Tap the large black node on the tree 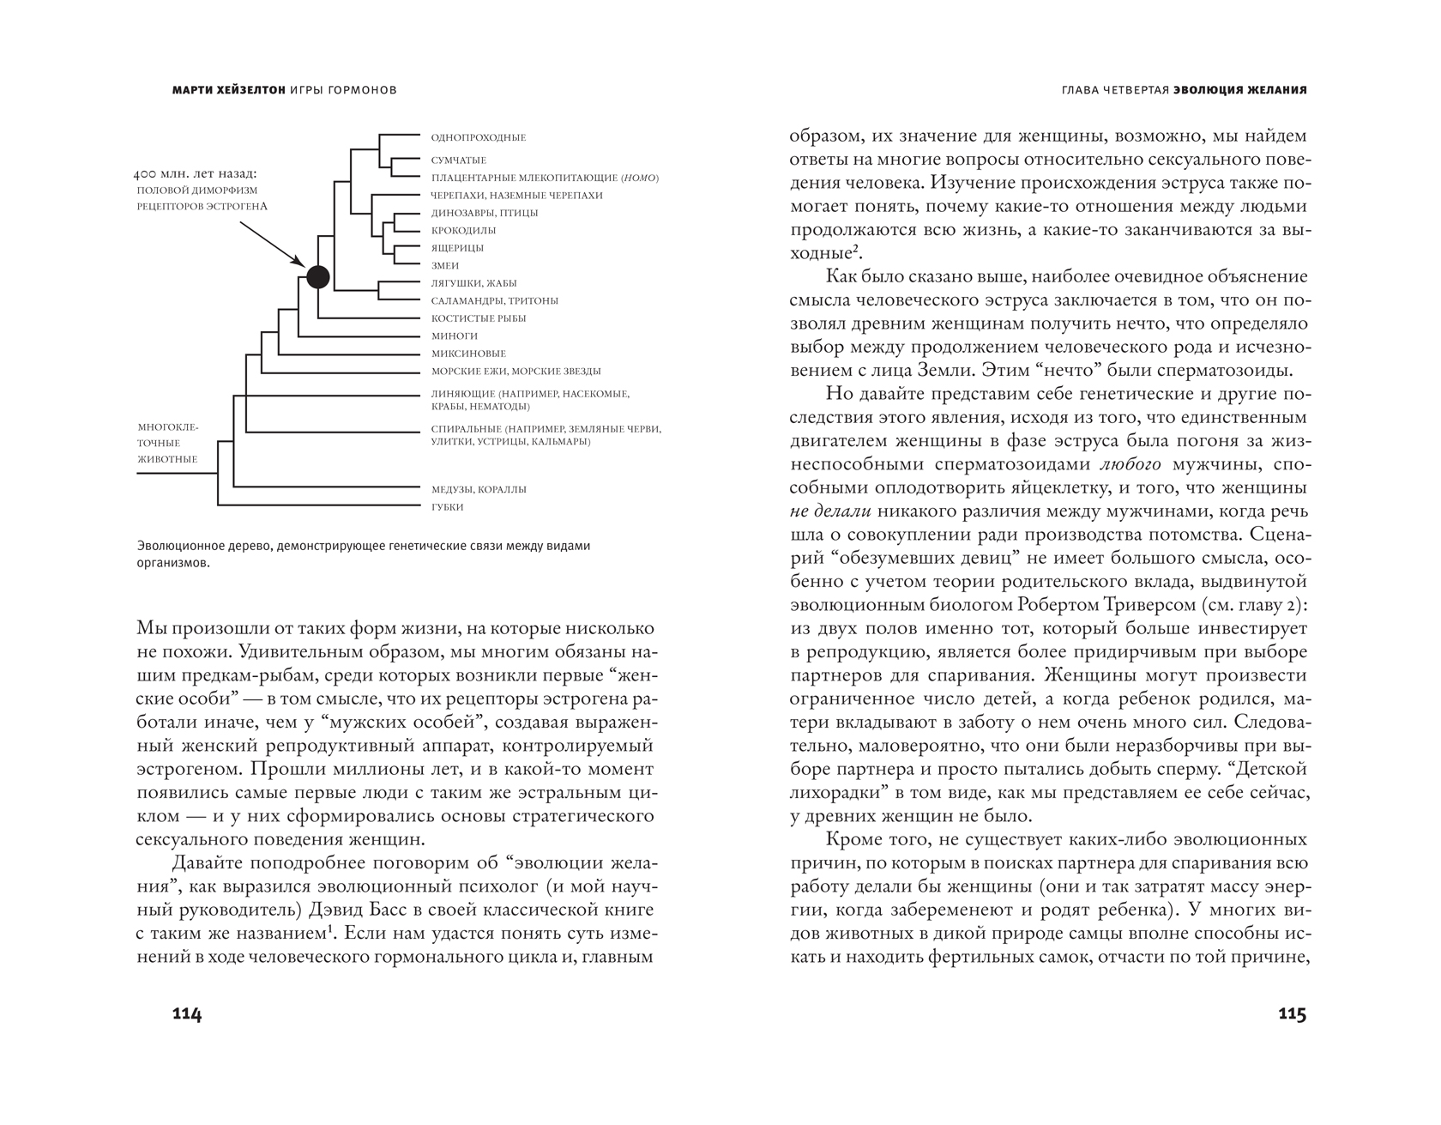pos(317,276)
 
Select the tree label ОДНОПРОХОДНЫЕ pos(479,137)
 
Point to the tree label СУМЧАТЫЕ pos(459,160)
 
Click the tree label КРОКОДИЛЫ pos(463,230)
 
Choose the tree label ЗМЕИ pos(445,266)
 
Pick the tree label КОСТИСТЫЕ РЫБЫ pos(479,318)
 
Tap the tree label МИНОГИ pos(455,336)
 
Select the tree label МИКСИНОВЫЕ pos(468,354)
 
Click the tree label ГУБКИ pos(447,507)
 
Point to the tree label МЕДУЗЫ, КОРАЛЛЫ pos(479,489)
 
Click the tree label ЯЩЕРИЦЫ pos(457,248)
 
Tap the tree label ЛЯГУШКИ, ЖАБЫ pos(473,283)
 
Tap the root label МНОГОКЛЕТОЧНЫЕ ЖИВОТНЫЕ pos(168,443)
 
